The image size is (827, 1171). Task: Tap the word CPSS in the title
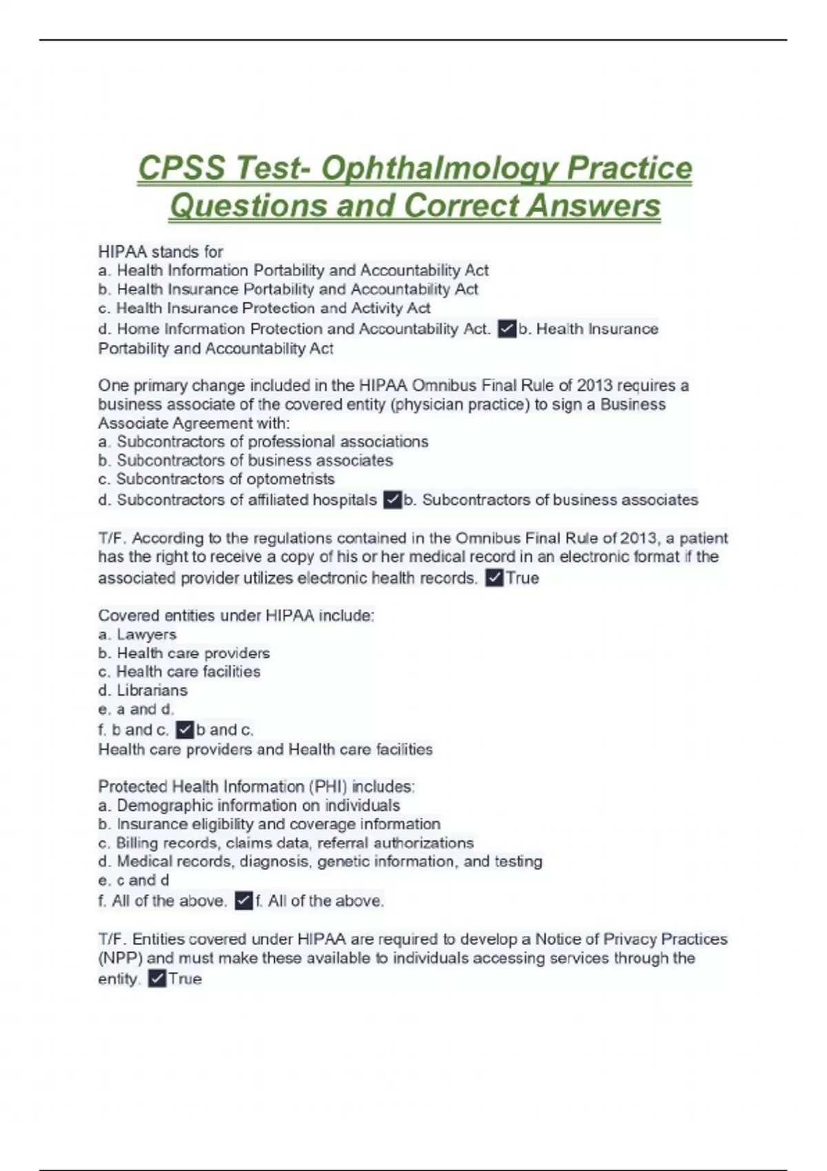click(181, 169)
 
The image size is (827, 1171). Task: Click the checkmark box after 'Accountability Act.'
click(507, 329)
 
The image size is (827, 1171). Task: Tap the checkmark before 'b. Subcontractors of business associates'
click(392, 500)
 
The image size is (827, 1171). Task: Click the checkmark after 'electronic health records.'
click(494, 578)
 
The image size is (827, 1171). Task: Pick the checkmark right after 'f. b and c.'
click(184, 729)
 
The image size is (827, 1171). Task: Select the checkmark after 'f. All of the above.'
click(243, 901)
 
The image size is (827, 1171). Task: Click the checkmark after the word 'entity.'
click(157, 979)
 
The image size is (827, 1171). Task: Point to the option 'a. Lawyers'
click(137, 634)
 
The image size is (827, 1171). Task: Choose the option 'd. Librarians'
click(143, 690)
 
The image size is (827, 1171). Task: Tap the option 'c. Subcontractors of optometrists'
click(216, 479)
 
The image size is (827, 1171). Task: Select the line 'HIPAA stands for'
click(161, 252)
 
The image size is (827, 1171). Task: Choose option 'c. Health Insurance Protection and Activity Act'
click(265, 308)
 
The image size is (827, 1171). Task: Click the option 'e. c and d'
click(134, 880)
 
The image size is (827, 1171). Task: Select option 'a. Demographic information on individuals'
click(249, 805)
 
